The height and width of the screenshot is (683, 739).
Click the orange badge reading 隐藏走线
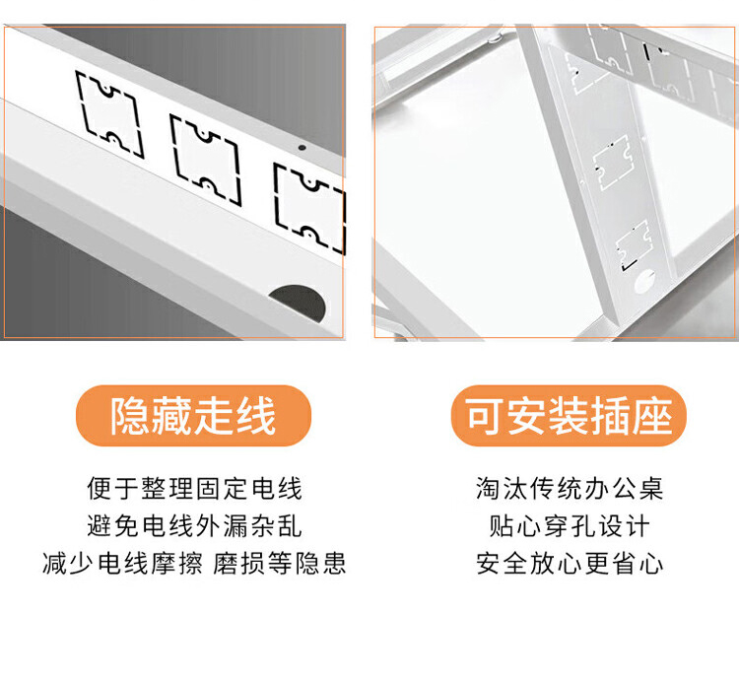pyautogui.click(x=193, y=416)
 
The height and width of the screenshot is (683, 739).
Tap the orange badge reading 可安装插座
pyautogui.click(x=569, y=416)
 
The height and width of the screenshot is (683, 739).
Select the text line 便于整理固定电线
pyautogui.click(x=194, y=488)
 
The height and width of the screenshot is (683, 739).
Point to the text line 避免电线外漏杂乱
pyautogui.click(x=194, y=526)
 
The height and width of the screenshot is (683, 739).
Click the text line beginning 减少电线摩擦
pyautogui.click(x=194, y=564)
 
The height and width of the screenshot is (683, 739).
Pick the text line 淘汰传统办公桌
pyautogui.click(x=570, y=488)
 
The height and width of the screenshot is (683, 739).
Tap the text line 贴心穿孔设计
pyautogui.click(x=570, y=526)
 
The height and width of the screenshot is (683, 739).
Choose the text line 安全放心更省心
pyautogui.click(x=570, y=564)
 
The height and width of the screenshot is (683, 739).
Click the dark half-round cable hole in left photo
pyautogui.click(x=298, y=303)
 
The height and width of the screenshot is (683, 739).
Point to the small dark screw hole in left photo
pyautogui.click(x=302, y=148)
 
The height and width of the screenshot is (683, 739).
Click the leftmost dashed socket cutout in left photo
pyautogui.click(x=109, y=114)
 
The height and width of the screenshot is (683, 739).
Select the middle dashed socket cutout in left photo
pyautogui.click(x=206, y=161)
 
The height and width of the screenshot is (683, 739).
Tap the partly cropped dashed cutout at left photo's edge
pyautogui.click(x=309, y=208)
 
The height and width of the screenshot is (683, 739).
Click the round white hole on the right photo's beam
pyautogui.click(x=644, y=282)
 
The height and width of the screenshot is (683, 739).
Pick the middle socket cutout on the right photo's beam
pyautogui.click(x=613, y=163)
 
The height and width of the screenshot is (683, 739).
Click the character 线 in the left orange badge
pyautogui.click(x=256, y=416)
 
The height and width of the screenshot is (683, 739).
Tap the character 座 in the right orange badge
pyautogui.click(x=652, y=416)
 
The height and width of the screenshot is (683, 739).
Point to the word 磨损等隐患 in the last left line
pyautogui.click(x=280, y=564)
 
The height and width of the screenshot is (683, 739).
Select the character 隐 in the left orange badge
pyautogui.click(x=130, y=416)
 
